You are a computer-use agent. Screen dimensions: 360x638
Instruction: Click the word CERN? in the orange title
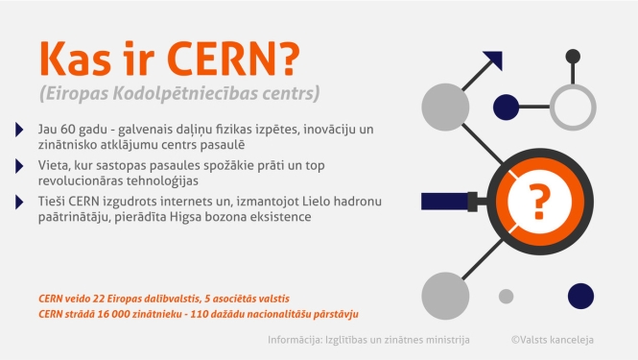click(x=237, y=60)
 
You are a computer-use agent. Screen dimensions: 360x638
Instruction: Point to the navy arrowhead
click(x=493, y=60)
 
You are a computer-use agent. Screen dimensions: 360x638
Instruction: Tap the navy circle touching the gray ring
click(x=507, y=106)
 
